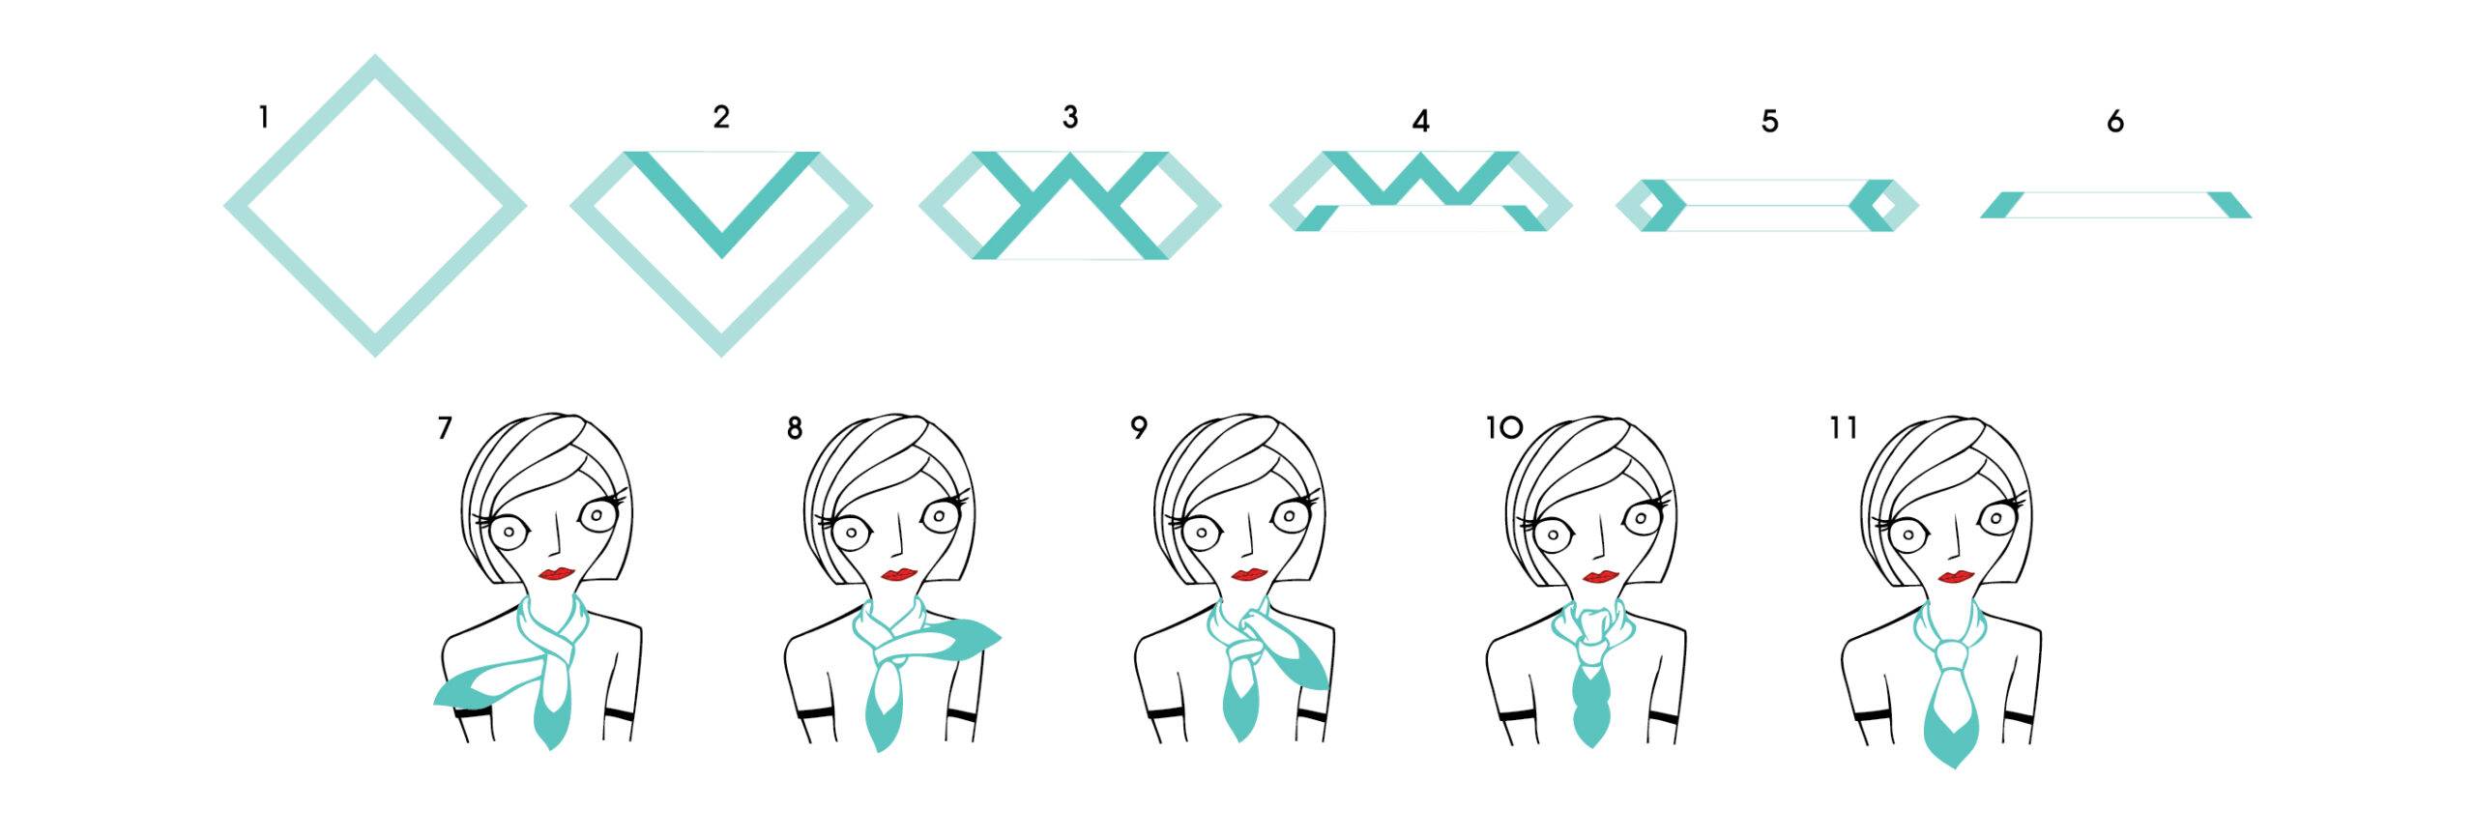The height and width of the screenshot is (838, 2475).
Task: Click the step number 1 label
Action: (x=263, y=118)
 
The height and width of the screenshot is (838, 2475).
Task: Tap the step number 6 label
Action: (x=2114, y=121)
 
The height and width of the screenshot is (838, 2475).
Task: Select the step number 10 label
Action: (x=1504, y=427)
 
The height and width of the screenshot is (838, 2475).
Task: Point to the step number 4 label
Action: (x=1420, y=121)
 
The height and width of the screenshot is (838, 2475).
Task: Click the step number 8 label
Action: (x=794, y=428)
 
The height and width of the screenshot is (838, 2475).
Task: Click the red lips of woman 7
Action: (x=557, y=573)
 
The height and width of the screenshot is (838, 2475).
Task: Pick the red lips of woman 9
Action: (x=1250, y=575)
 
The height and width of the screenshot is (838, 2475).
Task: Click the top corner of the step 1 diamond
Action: (x=375, y=55)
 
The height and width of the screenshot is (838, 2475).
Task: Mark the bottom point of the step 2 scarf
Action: (x=721, y=356)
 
